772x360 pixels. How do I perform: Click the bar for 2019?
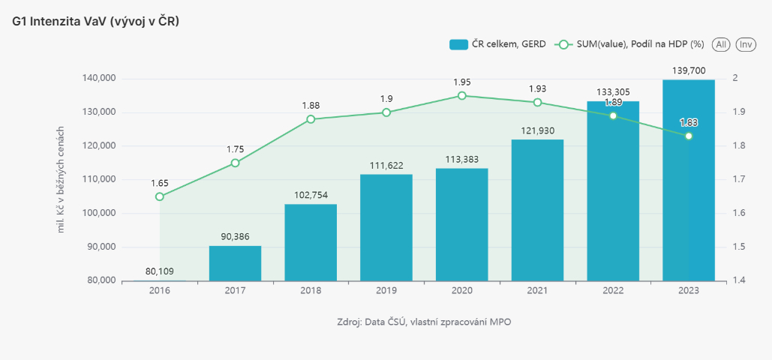(x=386, y=227)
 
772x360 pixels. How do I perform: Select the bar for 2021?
(x=537, y=210)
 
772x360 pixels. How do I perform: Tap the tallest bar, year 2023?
(x=688, y=180)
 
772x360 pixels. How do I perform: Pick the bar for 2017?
(x=235, y=263)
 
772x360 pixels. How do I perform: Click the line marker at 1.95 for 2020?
(x=461, y=96)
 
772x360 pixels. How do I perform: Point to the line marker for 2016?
(x=160, y=196)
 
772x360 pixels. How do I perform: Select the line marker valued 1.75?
(x=235, y=163)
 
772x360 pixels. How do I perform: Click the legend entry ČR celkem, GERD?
(x=497, y=45)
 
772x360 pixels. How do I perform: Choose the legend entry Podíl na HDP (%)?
(x=629, y=45)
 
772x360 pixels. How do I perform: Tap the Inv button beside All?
(x=746, y=45)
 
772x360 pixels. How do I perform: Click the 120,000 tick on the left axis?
(x=98, y=145)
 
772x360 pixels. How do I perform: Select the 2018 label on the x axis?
(x=311, y=289)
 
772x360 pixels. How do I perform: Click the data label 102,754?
(x=311, y=195)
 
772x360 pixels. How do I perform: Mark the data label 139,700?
(x=688, y=70)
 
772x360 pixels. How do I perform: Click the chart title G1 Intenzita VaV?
(x=96, y=22)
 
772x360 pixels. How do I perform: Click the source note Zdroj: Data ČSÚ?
(x=425, y=322)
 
